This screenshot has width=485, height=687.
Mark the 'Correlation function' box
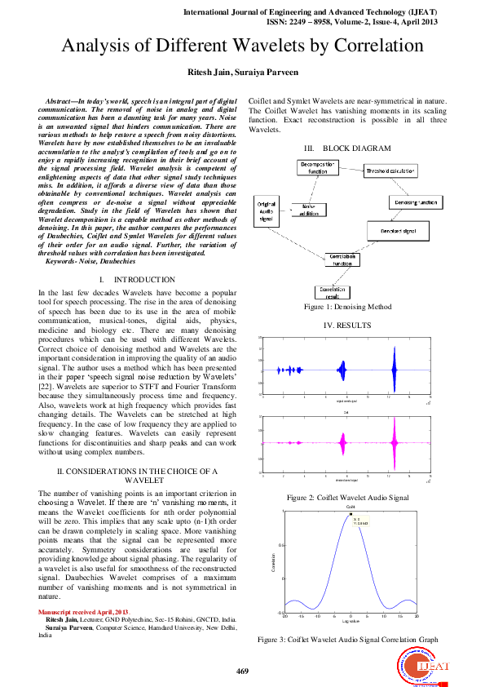point(343,260)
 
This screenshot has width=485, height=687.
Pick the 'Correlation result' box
point(331,291)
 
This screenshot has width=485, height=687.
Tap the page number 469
point(242,671)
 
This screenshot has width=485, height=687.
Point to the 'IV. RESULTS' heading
point(348,325)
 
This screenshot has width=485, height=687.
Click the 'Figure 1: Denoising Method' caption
point(348,307)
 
